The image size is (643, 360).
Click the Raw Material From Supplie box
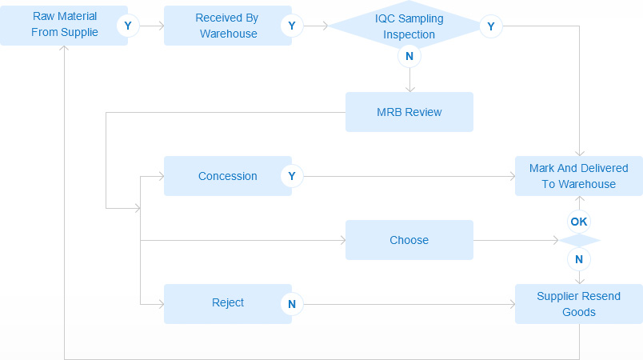64,26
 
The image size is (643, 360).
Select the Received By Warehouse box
228,26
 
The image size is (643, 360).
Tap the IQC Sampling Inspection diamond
409,26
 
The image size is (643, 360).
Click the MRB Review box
409,112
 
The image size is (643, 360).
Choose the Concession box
228,176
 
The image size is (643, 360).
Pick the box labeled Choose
409,240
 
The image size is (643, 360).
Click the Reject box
228,304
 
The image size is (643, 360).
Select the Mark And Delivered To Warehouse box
578,176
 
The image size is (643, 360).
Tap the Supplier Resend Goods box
578,304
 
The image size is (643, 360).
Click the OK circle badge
579,222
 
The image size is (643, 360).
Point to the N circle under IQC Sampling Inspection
409,56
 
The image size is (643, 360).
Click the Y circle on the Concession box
292,176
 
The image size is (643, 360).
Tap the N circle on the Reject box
292,304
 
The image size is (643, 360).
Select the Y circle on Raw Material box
128,26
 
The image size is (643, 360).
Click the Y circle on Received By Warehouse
292,26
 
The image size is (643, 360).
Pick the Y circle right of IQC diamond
491,26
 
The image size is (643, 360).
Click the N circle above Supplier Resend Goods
579,259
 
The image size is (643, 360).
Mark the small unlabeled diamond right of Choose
579,240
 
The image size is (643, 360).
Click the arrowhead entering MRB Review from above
409,90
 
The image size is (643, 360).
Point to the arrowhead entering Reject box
162,304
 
